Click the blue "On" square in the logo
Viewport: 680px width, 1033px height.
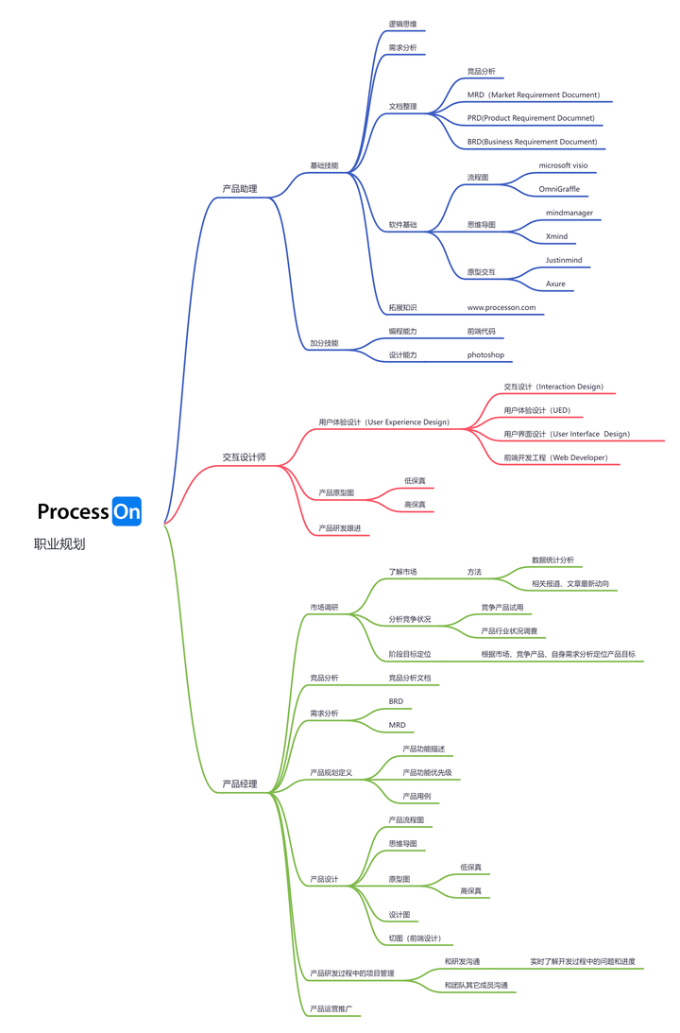(x=127, y=511)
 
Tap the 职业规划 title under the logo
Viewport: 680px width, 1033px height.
(x=59, y=544)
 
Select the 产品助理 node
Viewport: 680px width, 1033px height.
(x=239, y=189)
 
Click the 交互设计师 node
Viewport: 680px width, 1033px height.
(x=244, y=457)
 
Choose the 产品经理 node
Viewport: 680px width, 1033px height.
(x=239, y=783)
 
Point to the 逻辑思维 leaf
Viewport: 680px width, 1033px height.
(x=402, y=24)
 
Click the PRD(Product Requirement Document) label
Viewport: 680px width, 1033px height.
(x=531, y=118)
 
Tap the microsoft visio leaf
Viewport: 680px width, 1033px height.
(x=563, y=165)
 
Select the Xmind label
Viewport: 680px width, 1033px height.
(x=556, y=236)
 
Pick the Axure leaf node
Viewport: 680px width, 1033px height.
(x=555, y=284)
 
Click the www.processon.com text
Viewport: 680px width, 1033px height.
(x=501, y=307)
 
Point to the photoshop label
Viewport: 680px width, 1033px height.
(x=485, y=354)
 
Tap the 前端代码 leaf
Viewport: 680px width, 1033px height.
(x=481, y=331)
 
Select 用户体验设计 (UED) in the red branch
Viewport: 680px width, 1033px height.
(x=536, y=410)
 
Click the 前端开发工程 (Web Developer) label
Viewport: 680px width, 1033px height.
(x=555, y=457)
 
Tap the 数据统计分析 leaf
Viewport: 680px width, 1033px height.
(x=552, y=560)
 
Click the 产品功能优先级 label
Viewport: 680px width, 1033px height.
(x=427, y=772)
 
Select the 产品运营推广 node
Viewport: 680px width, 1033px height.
(x=331, y=1008)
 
